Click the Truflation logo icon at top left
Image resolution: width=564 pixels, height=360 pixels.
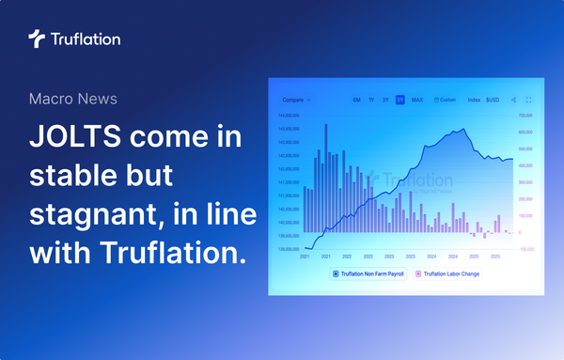click(x=37, y=39)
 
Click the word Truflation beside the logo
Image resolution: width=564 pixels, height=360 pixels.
click(x=86, y=39)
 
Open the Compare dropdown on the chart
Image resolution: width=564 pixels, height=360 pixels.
click(x=296, y=99)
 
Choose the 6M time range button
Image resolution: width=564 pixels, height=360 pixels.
click(x=356, y=99)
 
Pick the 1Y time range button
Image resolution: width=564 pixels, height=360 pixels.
click(x=371, y=99)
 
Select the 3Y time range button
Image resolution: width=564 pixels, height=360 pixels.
click(x=385, y=99)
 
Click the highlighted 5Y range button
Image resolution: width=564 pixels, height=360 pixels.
click(x=399, y=99)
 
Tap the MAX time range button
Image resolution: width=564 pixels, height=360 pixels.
click(x=416, y=99)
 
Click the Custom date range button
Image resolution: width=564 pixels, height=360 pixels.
click(x=445, y=99)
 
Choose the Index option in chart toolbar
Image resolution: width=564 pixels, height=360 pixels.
click(x=474, y=99)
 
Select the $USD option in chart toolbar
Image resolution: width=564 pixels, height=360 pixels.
click(x=493, y=99)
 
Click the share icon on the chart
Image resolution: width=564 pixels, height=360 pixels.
click(x=513, y=99)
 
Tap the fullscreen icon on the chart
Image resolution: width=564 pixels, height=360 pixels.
click(x=529, y=99)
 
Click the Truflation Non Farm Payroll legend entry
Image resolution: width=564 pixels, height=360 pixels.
click(x=370, y=274)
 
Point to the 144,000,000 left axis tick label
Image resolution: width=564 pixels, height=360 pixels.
click(x=288, y=116)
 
